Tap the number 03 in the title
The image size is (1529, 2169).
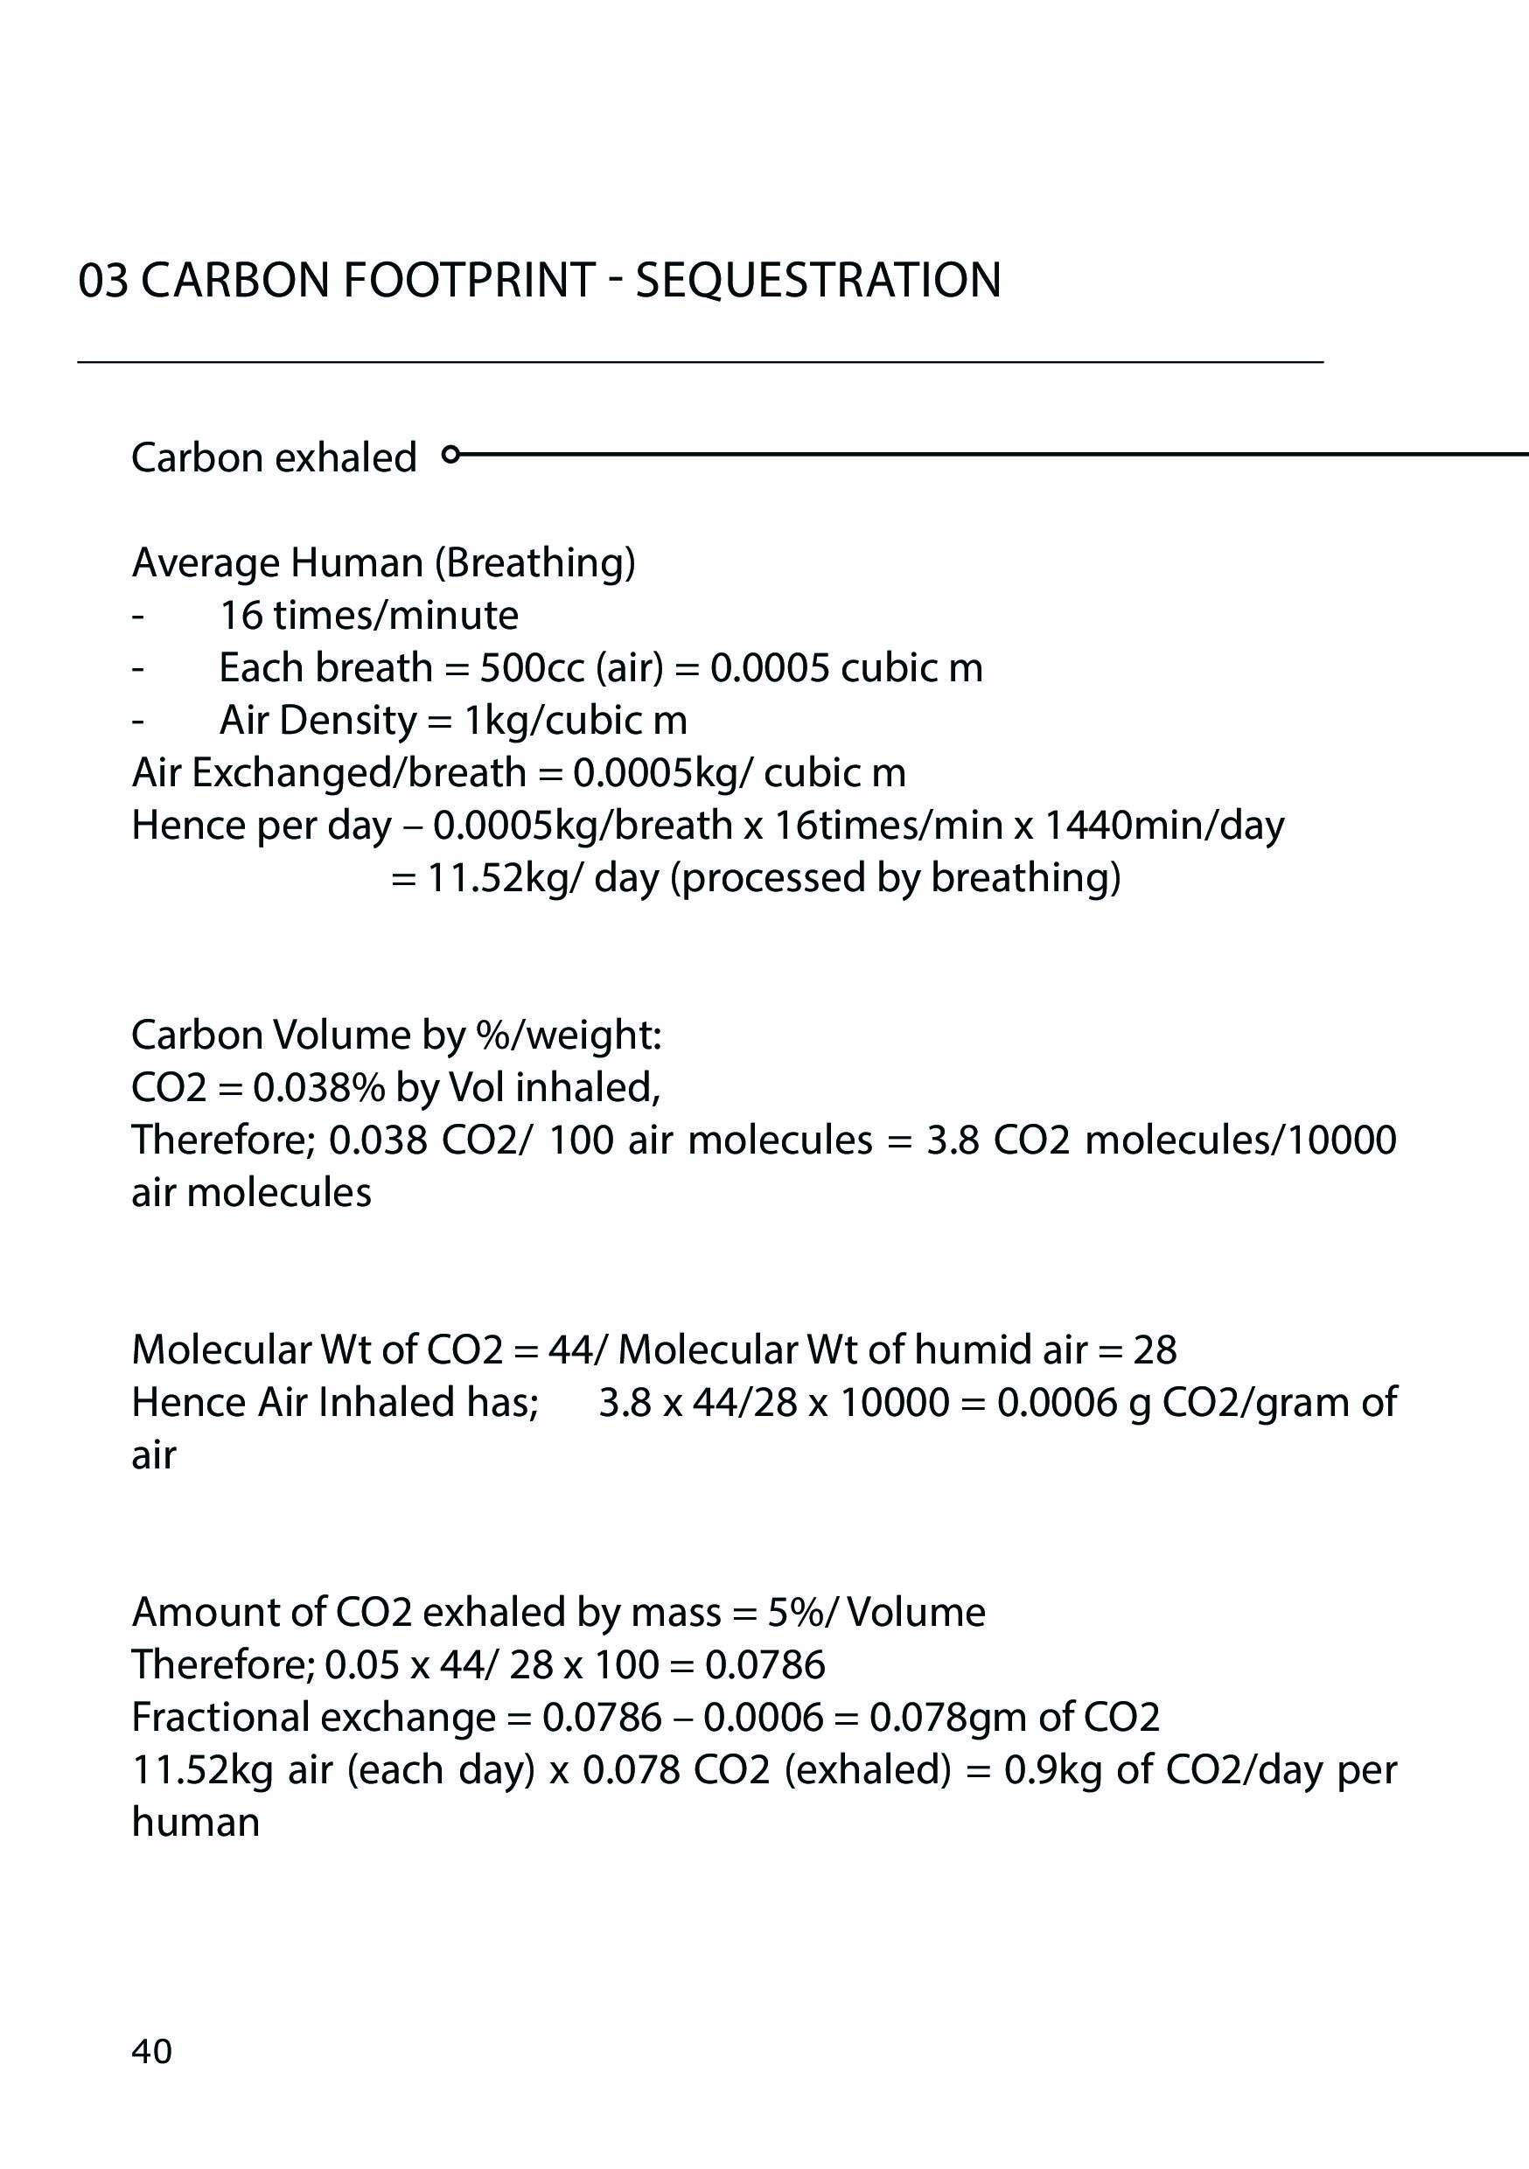(x=103, y=281)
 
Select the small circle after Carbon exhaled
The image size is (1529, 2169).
(x=450, y=455)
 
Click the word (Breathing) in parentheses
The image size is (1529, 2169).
(x=534, y=563)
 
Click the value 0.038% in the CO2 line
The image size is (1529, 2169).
(x=318, y=1088)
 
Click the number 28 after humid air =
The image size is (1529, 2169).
(x=1155, y=1350)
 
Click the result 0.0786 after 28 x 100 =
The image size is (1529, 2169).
(x=765, y=1664)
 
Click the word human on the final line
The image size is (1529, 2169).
(x=196, y=1823)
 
